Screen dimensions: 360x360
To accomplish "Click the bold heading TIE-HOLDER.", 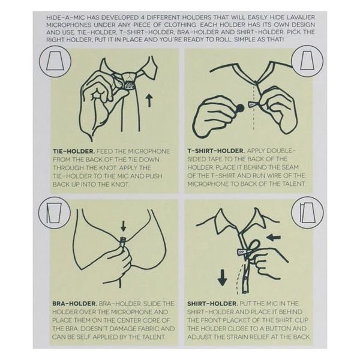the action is click(x=74, y=152).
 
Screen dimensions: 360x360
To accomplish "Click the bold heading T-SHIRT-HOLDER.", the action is click(x=216, y=151).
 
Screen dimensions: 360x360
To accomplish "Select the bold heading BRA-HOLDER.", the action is click(x=74, y=304).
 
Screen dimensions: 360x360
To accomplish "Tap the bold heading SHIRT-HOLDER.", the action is click(x=212, y=304).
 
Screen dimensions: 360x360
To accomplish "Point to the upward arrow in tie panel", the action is click(x=149, y=100).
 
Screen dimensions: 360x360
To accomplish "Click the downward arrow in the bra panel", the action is click(x=124, y=226).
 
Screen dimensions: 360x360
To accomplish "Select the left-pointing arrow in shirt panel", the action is click(x=275, y=238).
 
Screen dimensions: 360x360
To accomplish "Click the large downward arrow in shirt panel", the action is click(x=222, y=278).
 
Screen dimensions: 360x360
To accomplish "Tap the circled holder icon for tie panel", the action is click(x=55, y=62).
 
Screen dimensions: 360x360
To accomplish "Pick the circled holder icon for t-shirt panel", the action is click(x=307, y=61).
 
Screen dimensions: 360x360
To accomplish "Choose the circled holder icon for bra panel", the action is click(x=54, y=213).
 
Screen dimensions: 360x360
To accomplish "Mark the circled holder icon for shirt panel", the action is click(x=307, y=212).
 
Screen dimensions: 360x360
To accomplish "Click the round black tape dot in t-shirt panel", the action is click(x=240, y=107).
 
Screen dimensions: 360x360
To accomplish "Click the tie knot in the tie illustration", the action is click(x=129, y=80).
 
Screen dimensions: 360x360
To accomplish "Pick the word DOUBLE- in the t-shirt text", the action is click(x=272, y=151).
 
